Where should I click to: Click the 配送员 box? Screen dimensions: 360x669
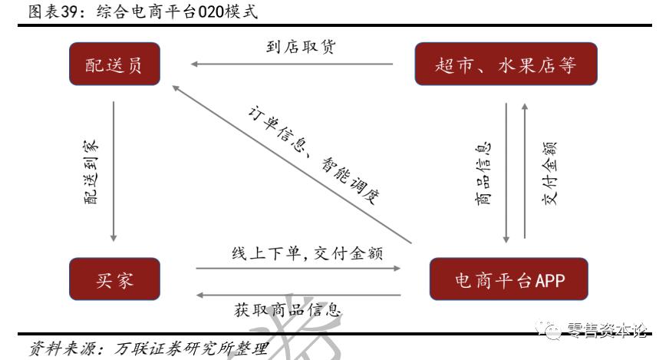coord(114,65)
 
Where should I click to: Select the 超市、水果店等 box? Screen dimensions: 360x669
coord(506,65)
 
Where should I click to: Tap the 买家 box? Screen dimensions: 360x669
coord(115,279)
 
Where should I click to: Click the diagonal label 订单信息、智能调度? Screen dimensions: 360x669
coord(314,153)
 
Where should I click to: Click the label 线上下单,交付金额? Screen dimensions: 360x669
coord(308,253)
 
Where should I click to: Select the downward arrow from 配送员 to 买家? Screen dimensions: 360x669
coord(114,169)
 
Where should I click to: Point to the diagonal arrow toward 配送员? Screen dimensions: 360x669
coord(292,164)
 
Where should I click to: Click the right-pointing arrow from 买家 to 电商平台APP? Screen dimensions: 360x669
coord(299,268)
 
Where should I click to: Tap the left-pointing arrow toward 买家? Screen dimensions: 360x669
coord(299,295)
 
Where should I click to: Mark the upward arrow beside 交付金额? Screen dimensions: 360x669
coord(526,169)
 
